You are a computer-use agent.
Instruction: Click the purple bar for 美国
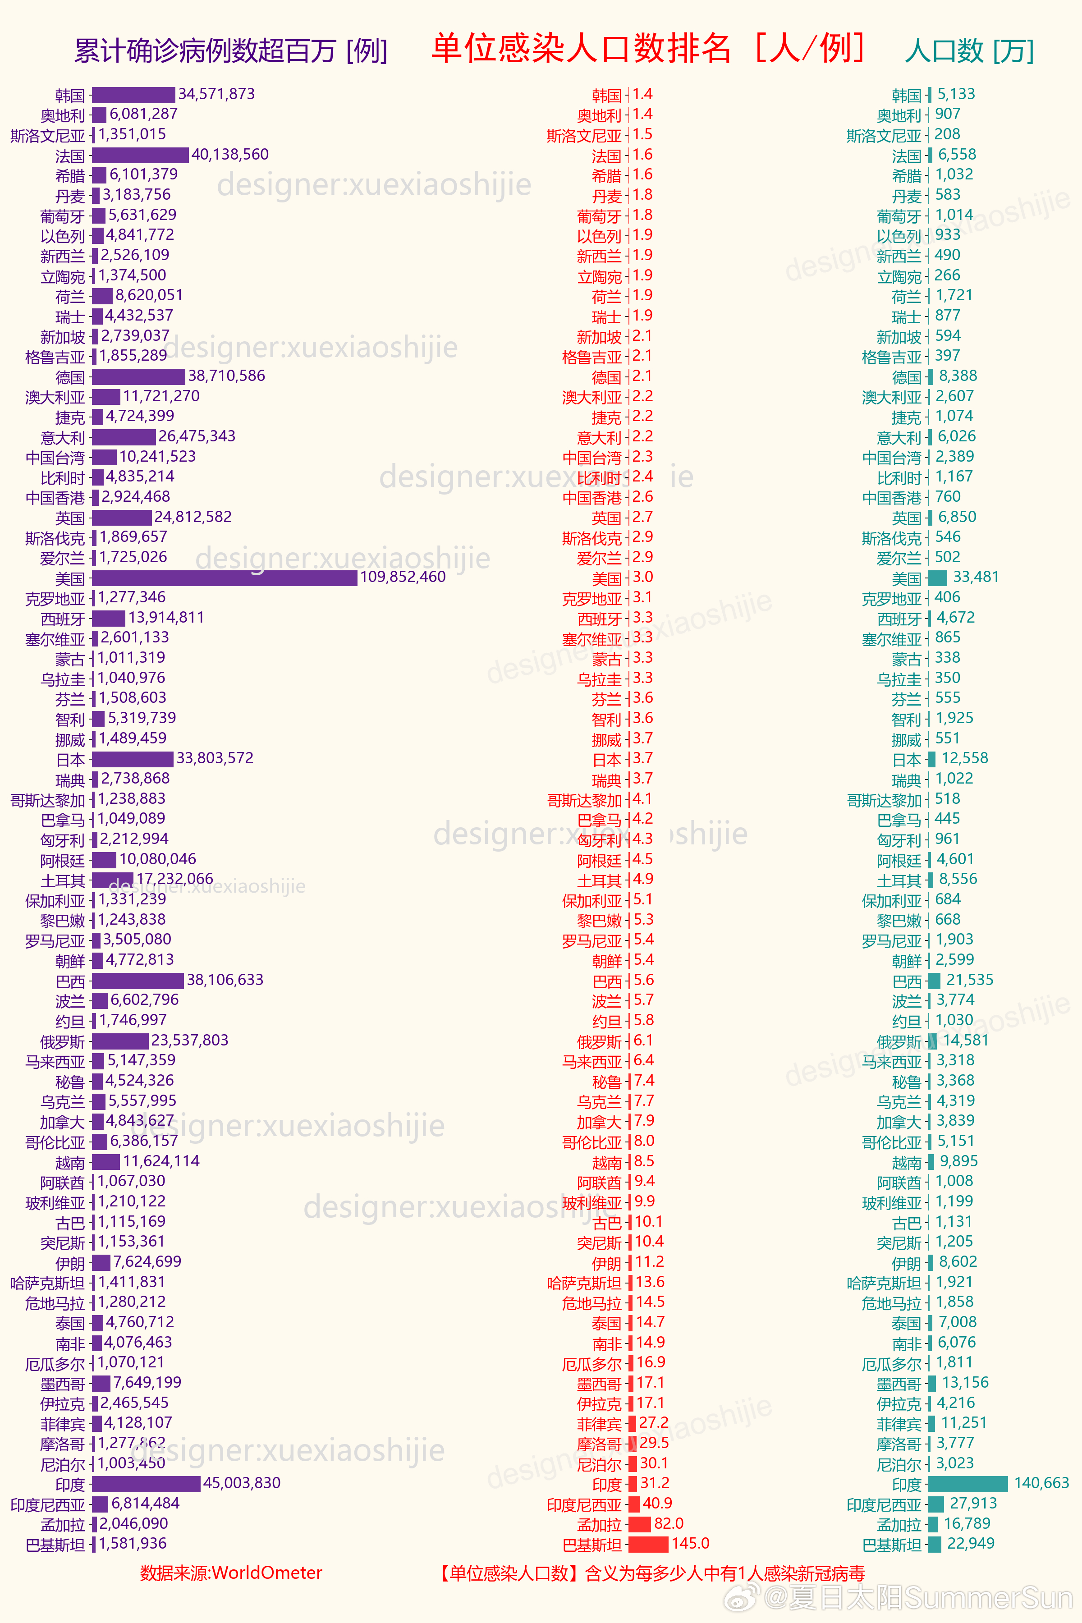[x=224, y=578]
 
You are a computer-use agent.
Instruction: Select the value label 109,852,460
[x=403, y=577]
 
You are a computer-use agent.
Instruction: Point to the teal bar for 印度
[x=968, y=1484]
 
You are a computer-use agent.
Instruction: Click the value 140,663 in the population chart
[x=1041, y=1483]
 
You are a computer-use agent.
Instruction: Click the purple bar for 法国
[x=140, y=155]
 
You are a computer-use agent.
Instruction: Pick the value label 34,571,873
[x=217, y=94]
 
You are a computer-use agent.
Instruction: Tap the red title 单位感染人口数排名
[x=581, y=48]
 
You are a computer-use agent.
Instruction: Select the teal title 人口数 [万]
[x=970, y=51]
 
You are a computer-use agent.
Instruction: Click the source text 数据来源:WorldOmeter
[x=231, y=1573]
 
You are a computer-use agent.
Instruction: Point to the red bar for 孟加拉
[x=640, y=1524]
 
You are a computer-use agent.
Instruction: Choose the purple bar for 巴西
[x=138, y=981]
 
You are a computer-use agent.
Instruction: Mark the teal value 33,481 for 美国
[x=976, y=577]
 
